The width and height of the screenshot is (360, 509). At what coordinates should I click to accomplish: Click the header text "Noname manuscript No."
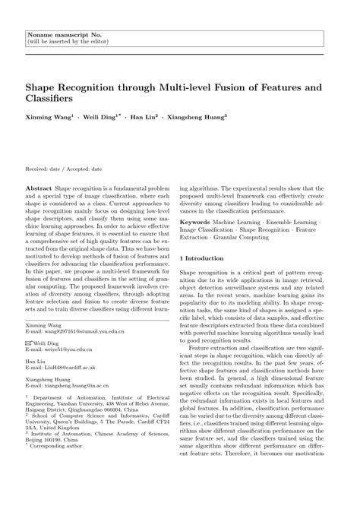point(57,35)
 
